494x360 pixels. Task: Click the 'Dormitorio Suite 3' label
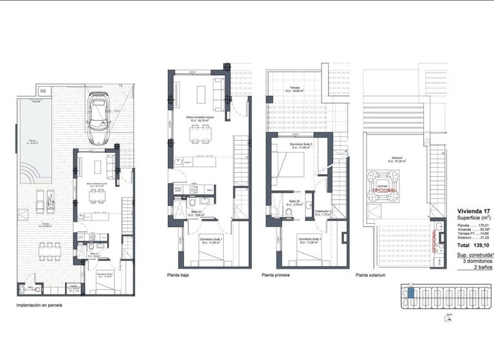pos(300,145)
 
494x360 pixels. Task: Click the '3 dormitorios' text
pos(477,260)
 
